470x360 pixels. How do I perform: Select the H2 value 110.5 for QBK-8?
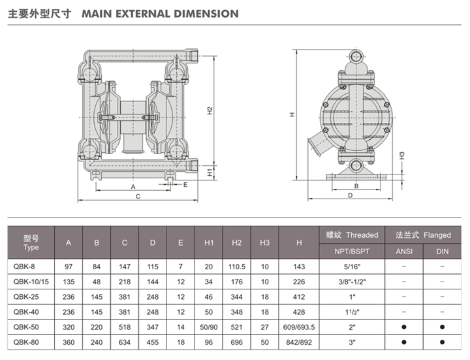237,266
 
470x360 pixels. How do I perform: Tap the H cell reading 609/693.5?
299,325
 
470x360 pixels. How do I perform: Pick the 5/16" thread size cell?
352,266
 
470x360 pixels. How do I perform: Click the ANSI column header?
405,252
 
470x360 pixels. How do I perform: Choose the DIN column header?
442,252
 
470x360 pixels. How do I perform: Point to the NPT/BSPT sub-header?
352,252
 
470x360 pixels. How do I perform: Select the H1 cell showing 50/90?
210,325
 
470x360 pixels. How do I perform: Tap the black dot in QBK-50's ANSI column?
405,325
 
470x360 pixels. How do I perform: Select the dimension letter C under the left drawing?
137,196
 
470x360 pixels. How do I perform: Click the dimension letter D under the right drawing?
350,195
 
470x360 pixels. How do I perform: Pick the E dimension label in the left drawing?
185,185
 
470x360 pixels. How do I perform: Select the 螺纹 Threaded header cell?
352,235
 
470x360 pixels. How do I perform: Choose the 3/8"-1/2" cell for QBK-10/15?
352,281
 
